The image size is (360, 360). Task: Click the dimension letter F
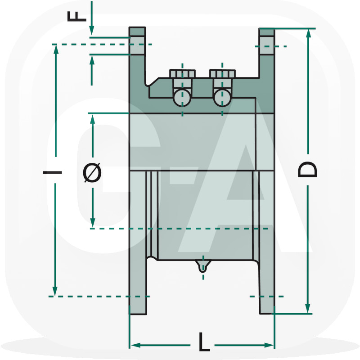coord(77,15)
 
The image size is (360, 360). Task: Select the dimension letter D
coord(308,170)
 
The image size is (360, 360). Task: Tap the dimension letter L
coord(204,344)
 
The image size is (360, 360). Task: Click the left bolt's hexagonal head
coord(182,73)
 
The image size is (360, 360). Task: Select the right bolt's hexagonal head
coord(222,73)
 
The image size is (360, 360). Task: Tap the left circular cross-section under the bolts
coord(182,97)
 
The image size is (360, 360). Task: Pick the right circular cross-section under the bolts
coord(222,97)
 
